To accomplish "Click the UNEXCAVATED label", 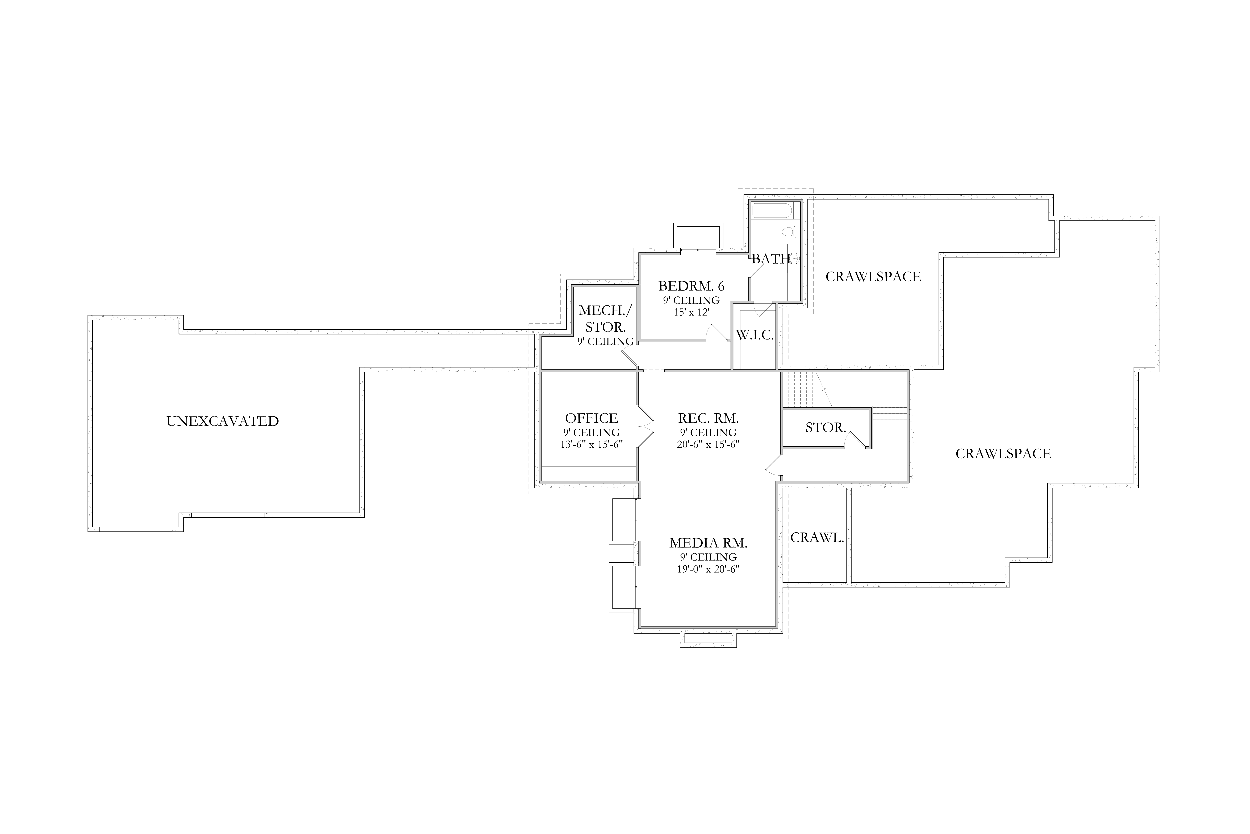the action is tap(223, 421).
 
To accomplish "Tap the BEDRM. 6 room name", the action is tap(691, 286).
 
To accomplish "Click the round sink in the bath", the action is tap(795, 259).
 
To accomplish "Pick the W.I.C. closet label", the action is tap(755, 335).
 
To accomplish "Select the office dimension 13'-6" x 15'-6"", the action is tap(591, 444).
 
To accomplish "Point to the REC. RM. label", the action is tap(709, 418).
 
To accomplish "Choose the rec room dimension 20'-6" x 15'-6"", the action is tap(709, 444).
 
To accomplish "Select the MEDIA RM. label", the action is tap(709, 543).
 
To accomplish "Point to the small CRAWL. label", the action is tap(817, 538).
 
